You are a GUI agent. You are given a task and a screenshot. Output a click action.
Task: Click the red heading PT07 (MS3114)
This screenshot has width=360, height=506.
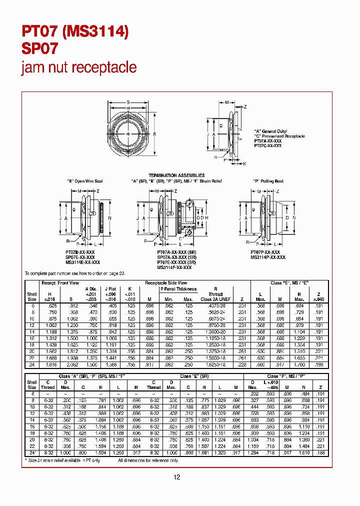click(x=75, y=31)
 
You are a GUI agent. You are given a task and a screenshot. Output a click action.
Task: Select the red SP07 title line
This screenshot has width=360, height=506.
click(x=39, y=48)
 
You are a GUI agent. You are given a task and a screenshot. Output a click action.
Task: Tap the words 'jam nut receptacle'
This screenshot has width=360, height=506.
click(x=78, y=67)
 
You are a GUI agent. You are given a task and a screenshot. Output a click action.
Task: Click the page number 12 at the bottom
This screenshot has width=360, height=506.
click(x=176, y=477)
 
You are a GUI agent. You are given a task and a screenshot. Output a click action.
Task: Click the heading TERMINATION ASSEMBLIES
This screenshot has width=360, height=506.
click(x=177, y=175)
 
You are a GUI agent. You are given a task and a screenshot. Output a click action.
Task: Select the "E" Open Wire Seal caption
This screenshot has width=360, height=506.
click(x=85, y=181)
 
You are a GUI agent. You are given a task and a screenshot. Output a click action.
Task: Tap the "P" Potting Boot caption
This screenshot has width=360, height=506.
click(x=268, y=181)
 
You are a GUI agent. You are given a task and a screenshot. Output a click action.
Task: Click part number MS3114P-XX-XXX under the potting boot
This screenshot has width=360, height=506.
click(x=268, y=257)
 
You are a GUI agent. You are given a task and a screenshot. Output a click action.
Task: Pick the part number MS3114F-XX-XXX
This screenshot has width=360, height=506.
click(x=174, y=267)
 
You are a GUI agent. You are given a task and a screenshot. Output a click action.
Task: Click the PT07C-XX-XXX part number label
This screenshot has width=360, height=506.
click(x=267, y=145)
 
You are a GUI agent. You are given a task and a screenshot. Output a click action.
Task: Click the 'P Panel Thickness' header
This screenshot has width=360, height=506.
click(x=178, y=289)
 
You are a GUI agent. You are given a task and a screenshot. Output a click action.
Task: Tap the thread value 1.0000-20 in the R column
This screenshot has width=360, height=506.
click(x=215, y=331)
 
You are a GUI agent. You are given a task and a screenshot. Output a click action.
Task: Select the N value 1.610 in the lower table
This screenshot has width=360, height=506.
click(x=304, y=452)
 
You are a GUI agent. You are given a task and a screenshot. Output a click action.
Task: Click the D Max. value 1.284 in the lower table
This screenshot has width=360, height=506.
click(x=252, y=452)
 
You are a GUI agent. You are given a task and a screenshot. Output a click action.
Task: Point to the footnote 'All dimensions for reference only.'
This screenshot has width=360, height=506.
click(x=148, y=460)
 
